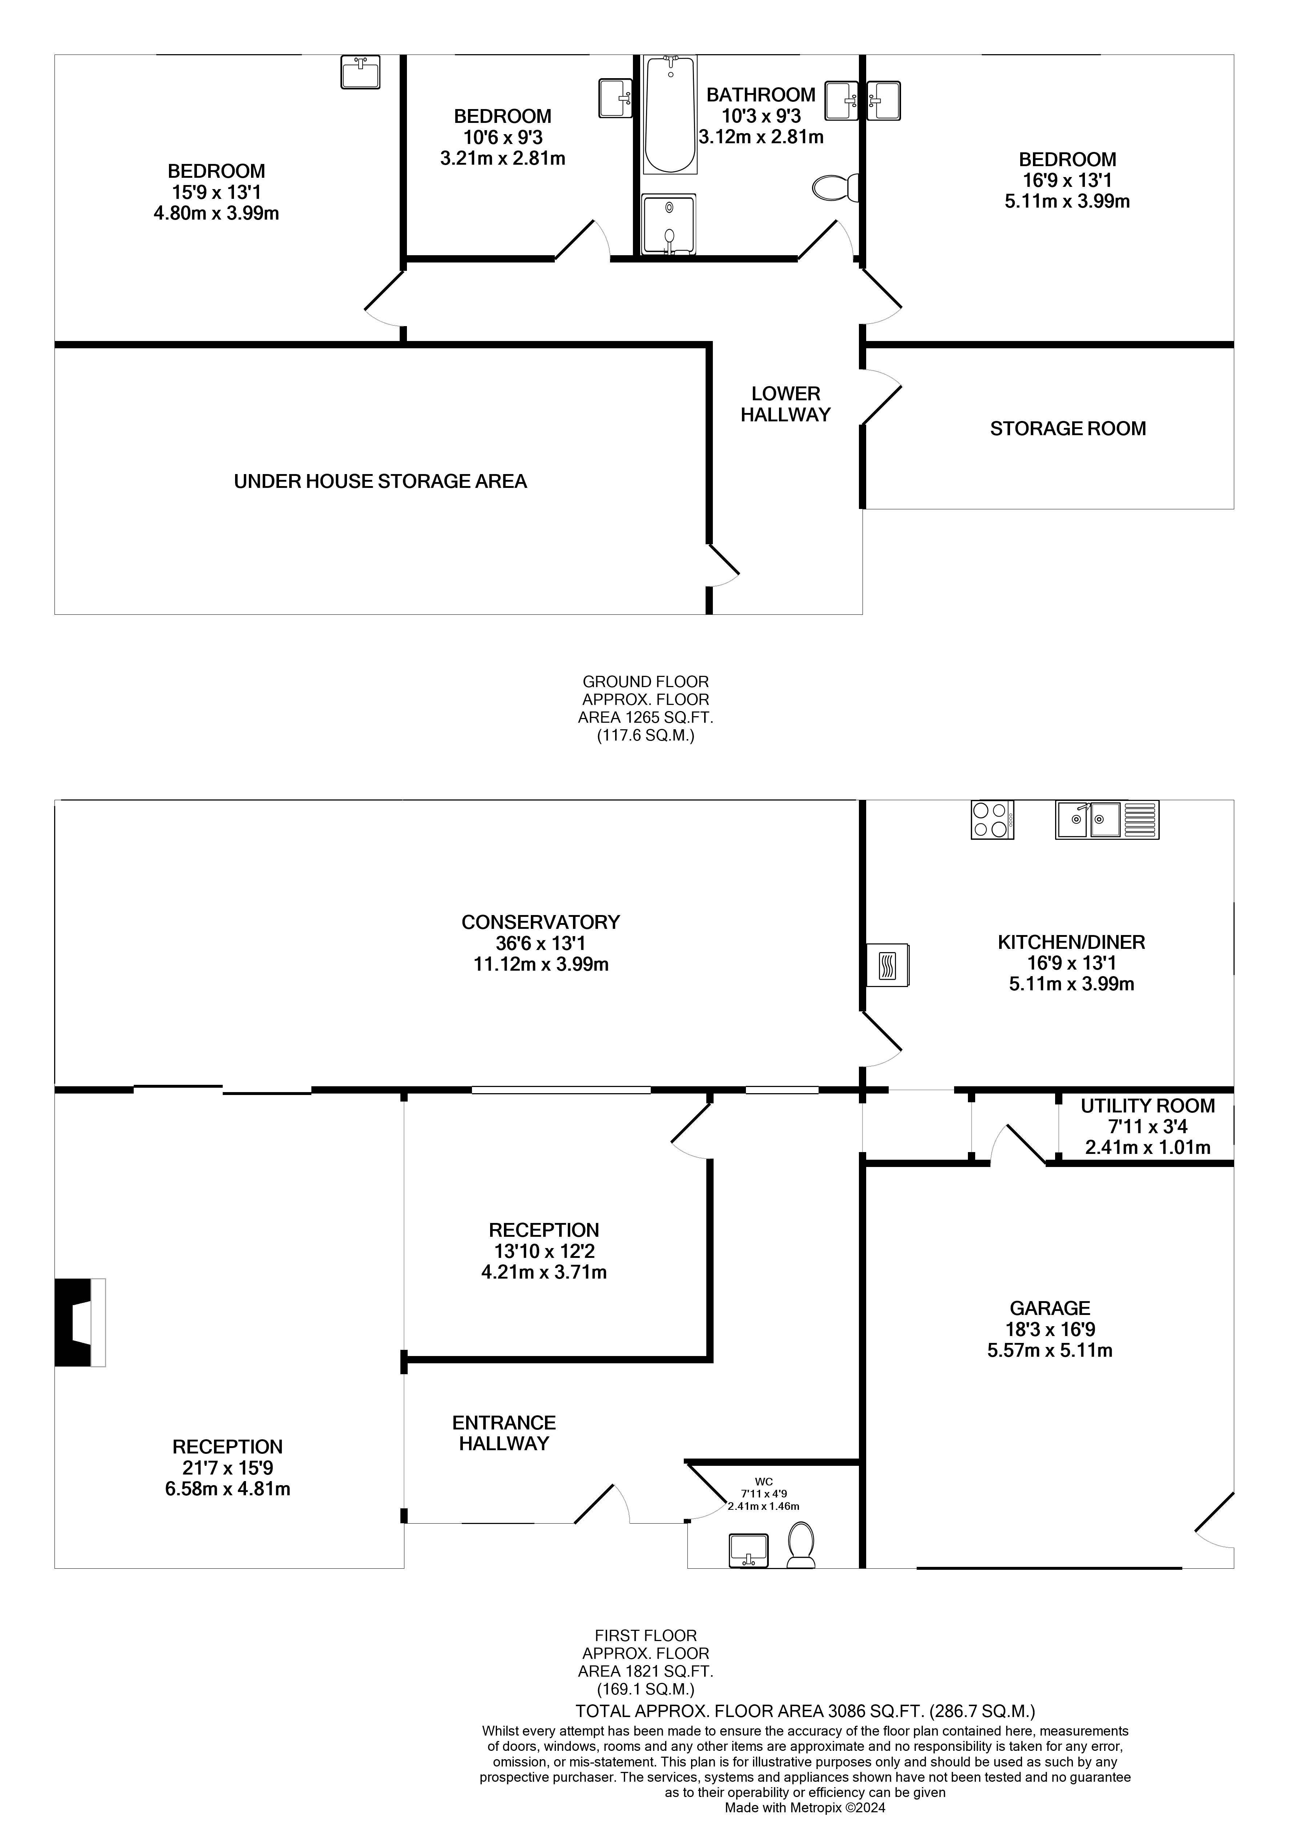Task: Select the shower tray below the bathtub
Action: tap(668, 225)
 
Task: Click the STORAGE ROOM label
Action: tap(1068, 428)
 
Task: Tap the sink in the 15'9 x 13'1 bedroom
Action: tap(360, 72)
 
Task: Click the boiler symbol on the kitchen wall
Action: tap(887, 966)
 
